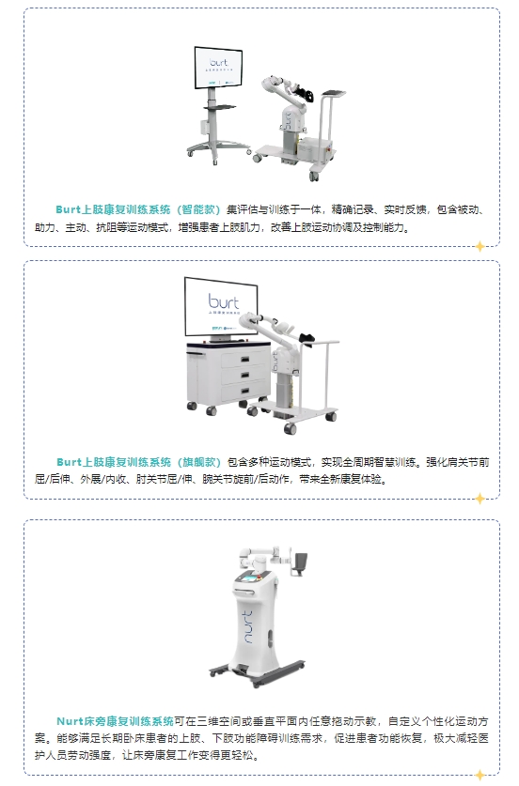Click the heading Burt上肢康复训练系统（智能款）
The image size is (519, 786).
(x=138, y=209)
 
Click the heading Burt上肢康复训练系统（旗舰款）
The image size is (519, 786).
(x=138, y=462)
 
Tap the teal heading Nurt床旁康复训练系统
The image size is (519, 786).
(x=115, y=721)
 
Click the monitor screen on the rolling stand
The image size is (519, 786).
(x=218, y=68)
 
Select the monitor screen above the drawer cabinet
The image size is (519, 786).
(x=221, y=306)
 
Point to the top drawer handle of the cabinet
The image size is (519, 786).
(x=245, y=359)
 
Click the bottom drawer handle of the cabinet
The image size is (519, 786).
(x=245, y=391)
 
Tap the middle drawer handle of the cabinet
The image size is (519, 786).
(x=245, y=375)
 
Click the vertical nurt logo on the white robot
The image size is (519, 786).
(x=248, y=626)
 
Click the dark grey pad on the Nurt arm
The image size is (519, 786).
(x=301, y=563)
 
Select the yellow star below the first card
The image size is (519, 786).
(x=480, y=246)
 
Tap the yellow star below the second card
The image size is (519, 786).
(x=480, y=499)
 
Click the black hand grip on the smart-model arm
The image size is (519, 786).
(x=306, y=93)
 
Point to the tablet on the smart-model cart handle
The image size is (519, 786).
(x=334, y=93)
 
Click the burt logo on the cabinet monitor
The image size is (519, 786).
(x=224, y=301)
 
